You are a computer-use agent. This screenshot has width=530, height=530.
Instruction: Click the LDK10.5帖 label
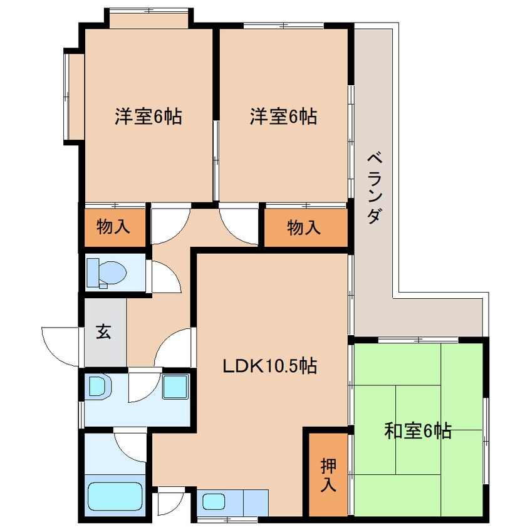pos(270,365)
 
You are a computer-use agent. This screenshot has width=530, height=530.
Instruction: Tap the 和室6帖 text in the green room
pos(418,431)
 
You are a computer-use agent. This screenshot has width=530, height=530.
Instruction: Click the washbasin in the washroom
pos(98,387)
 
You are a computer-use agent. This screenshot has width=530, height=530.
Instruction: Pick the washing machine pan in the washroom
pos(176,386)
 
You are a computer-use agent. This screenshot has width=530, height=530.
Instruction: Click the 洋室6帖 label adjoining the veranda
pos(283,116)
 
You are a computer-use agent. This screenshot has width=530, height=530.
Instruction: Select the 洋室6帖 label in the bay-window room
pos(148,116)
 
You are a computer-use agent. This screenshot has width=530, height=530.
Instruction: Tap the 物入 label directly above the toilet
pos(113,227)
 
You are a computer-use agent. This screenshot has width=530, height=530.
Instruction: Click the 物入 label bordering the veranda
pos(304,227)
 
